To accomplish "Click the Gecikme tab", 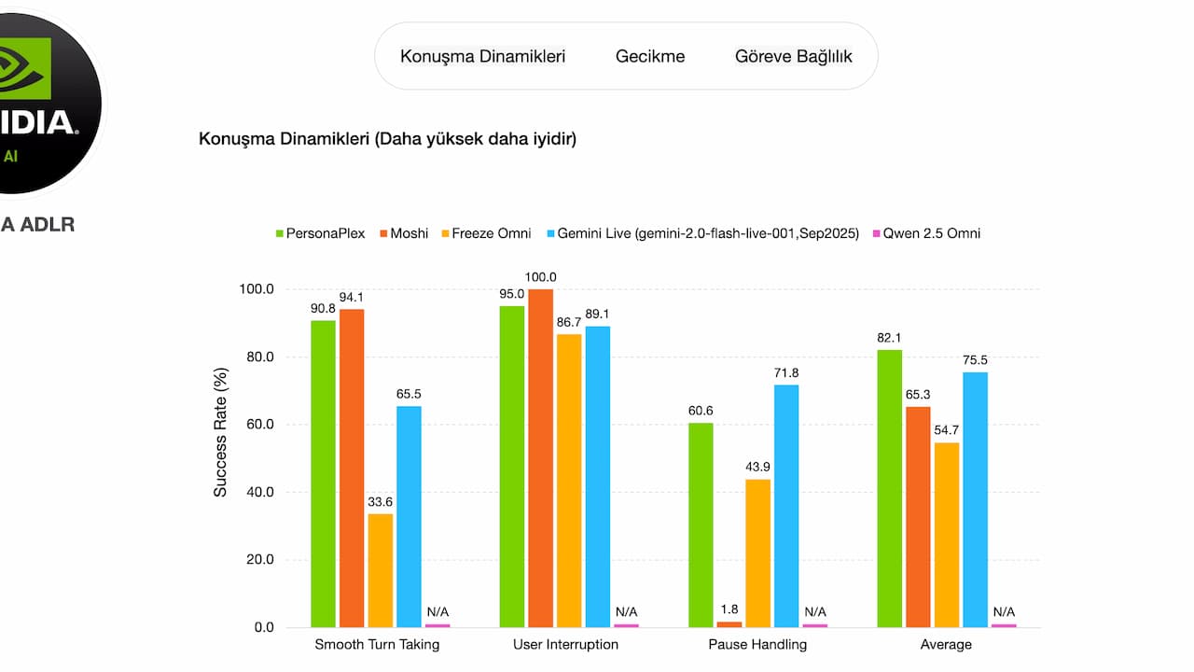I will tap(650, 56).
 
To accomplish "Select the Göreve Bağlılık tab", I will tap(794, 56).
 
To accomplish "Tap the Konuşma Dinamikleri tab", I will tap(482, 56).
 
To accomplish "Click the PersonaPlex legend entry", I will tap(319, 233).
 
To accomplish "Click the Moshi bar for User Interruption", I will tap(540, 457).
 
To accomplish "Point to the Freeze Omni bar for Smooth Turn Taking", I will tap(381, 569).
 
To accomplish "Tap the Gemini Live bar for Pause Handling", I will tap(786, 505).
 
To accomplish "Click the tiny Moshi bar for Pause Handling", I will tap(729, 623).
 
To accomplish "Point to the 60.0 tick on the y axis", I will tap(257, 425).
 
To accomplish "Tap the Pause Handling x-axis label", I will tap(757, 645).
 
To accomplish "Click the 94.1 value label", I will tap(352, 298).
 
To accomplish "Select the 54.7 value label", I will tap(947, 430).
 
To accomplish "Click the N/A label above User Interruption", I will tap(627, 612).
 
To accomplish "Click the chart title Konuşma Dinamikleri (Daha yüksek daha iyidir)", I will tap(387, 139).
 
